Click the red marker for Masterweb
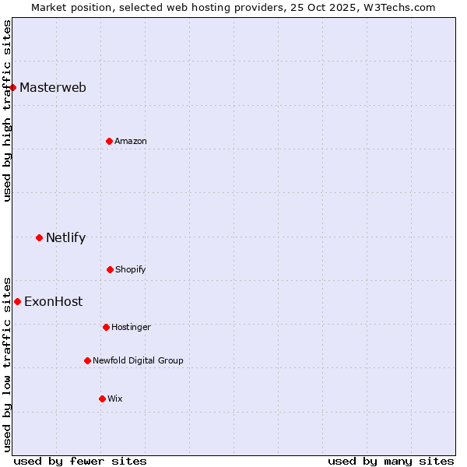point(13,87)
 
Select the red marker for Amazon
point(110,141)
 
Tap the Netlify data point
point(40,237)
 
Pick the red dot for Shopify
point(111,269)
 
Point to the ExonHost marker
point(18,301)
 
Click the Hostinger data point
point(107,327)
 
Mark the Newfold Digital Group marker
point(88,360)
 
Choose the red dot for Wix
point(103,399)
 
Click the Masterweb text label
point(53,87)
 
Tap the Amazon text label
point(131,141)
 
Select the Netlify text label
point(65,237)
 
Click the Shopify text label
point(131,269)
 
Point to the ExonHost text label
point(53,301)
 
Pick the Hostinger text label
point(131,327)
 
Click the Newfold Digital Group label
point(138,360)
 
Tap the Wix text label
point(115,399)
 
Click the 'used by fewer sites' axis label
point(80,461)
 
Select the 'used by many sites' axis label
point(391,461)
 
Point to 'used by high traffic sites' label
point(7,111)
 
